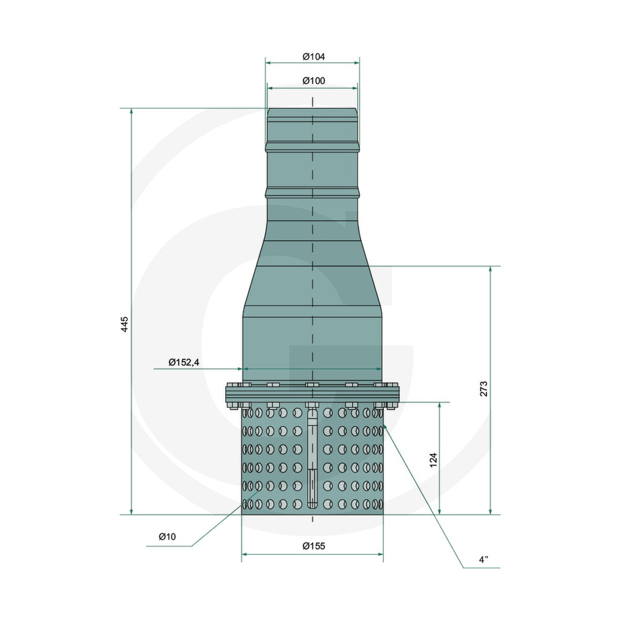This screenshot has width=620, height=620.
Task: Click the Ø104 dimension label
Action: [x=314, y=57]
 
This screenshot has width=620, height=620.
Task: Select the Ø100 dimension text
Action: [x=314, y=81]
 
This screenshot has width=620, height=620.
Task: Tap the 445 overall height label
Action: [x=125, y=324]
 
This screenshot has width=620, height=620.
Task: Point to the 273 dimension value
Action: [x=484, y=389]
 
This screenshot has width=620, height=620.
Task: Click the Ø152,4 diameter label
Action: [x=184, y=363]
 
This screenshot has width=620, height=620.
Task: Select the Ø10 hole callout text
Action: [x=167, y=537]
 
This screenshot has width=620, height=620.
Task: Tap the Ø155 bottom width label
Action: [x=314, y=546]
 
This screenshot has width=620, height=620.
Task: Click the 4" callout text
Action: [x=484, y=569]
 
